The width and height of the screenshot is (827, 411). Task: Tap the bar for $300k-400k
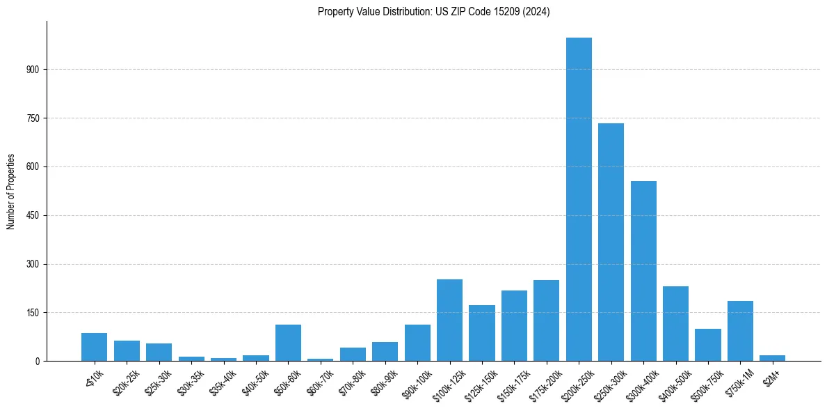pyautogui.click(x=643, y=271)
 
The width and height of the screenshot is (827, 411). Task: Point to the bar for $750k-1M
pyautogui.click(x=740, y=331)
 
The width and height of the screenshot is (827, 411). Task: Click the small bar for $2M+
pyautogui.click(x=772, y=358)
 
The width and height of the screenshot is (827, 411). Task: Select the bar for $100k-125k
pyautogui.click(x=449, y=320)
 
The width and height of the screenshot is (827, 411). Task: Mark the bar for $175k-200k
pyautogui.click(x=546, y=320)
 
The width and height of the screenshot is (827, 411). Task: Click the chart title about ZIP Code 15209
pyautogui.click(x=433, y=12)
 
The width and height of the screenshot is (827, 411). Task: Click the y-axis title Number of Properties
pyautogui.click(x=11, y=192)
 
